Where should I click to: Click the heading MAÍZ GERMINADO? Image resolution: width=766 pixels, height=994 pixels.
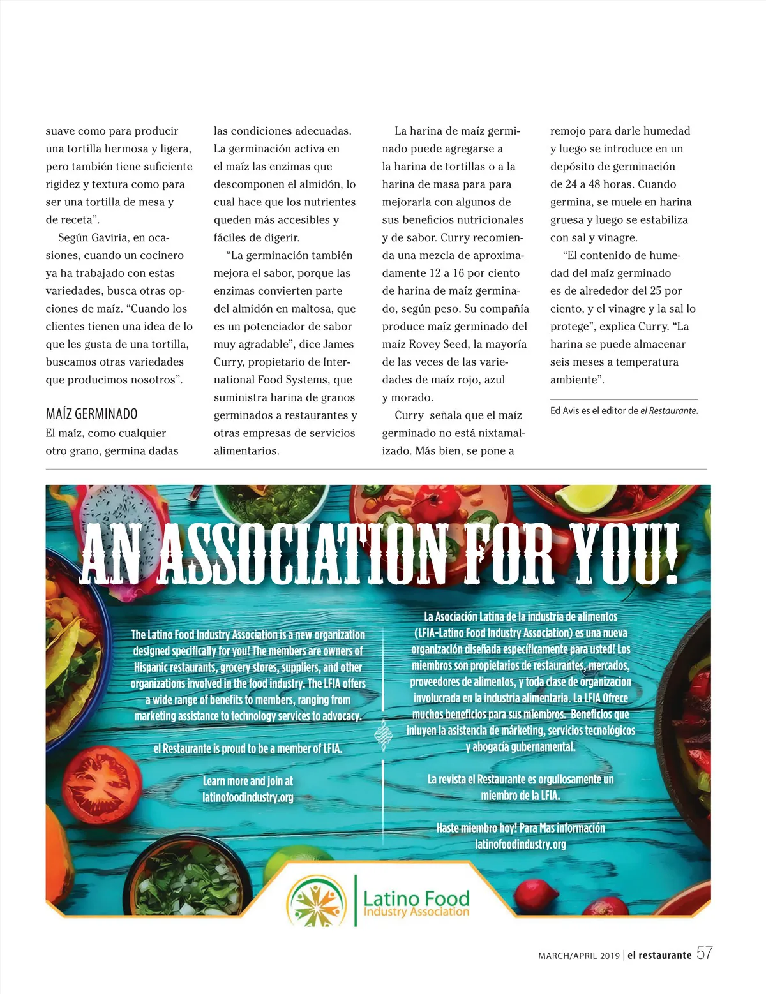91,414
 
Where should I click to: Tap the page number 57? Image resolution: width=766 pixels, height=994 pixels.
704,954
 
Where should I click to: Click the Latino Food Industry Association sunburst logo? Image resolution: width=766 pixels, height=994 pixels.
317,901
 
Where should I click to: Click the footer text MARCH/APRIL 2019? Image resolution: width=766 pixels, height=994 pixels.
579,956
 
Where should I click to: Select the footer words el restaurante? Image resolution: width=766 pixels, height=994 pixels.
659,955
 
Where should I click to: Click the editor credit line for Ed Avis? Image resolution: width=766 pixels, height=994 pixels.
624,411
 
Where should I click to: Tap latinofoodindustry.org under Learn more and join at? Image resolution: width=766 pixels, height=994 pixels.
248,797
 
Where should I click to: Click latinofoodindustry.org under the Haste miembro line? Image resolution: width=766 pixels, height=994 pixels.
520,844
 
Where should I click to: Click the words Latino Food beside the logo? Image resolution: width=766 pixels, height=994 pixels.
416,898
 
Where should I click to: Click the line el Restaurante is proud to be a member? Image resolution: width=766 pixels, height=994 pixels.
248,748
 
